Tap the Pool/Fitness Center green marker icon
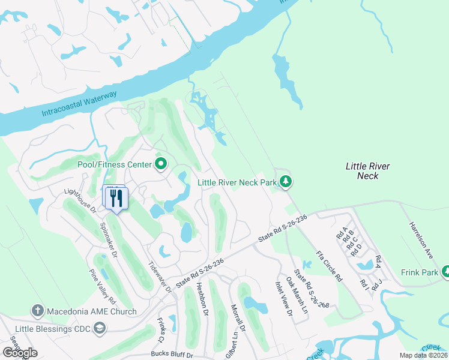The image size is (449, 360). (x=161, y=164)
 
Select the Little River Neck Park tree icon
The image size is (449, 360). (x=286, y=181)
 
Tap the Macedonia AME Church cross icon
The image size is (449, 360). (x=37, y=311)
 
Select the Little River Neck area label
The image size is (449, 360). (x=367, y=171)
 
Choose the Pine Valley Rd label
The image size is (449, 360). (x=103, y=287)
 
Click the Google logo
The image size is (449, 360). (x=20, y=353)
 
